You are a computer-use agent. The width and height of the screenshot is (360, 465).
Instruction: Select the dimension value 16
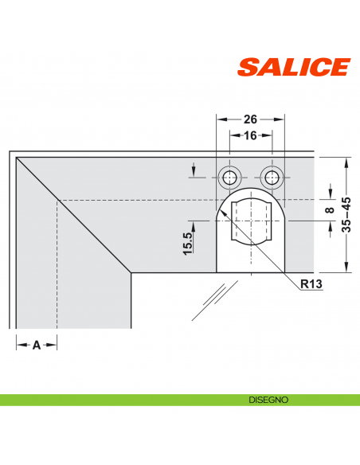251,136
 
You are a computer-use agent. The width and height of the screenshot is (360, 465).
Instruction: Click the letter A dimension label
36,345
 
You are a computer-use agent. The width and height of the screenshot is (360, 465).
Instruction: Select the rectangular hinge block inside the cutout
251,223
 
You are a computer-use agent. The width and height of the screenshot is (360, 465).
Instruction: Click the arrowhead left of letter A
19,345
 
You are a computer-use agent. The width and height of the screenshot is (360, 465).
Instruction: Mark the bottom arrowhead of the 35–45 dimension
346,268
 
